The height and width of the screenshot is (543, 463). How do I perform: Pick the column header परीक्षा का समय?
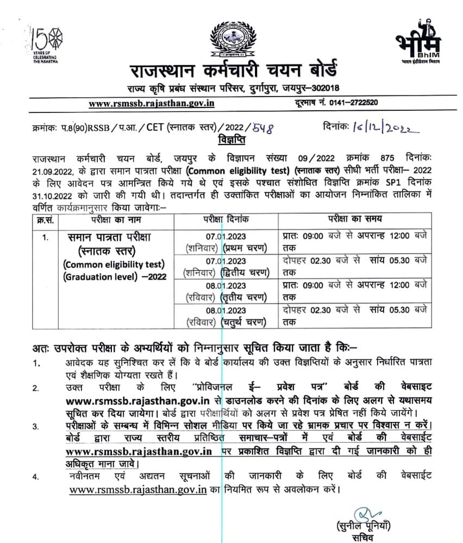(x=354, y=219)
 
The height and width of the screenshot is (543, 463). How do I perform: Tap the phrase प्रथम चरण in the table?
(x=245, y=248)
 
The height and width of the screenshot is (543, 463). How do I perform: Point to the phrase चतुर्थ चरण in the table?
(x=245, y=322)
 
